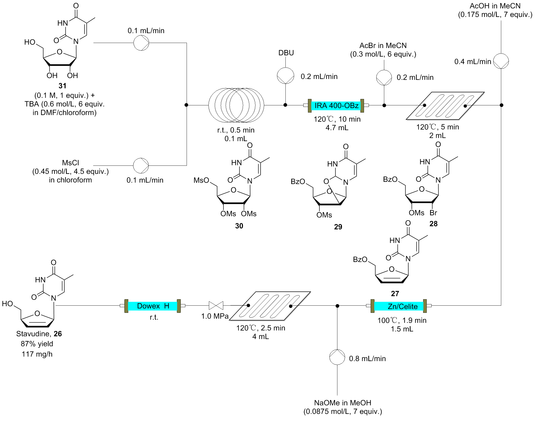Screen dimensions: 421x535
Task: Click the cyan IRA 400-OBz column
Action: tap(336, 106)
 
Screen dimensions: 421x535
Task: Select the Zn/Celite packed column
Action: tap(402, 306)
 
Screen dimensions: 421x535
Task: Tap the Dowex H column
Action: tap(153, 306)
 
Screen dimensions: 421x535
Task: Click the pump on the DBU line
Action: tap(285, 76)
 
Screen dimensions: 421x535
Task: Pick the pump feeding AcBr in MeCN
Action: tap(384, 77)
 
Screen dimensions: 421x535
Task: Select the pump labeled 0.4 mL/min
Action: tap(501, 61)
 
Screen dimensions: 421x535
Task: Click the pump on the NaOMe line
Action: tap(337, 357)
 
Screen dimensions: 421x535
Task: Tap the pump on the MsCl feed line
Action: tap(141, 165)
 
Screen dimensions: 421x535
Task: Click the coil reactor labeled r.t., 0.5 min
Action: tap(236, 105)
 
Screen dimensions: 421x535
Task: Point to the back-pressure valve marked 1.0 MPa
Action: tap(216, 305)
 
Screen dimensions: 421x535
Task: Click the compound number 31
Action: tap(62, 86)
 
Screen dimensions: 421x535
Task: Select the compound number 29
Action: tap(338, 227)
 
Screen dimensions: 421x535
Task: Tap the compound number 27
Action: tap(395, 293)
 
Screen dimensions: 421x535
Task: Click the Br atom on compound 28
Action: tap(433, 213)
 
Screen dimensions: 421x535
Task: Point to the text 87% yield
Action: tap(37, 344)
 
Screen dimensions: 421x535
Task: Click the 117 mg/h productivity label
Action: tap(37, 354)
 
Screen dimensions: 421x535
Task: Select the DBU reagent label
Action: tap(286, 53)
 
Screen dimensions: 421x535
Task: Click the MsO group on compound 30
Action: tap(201, 180)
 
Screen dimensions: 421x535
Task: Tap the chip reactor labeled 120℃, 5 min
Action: tap(445, 106)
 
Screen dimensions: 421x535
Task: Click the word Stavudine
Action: tap(33, 334)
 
